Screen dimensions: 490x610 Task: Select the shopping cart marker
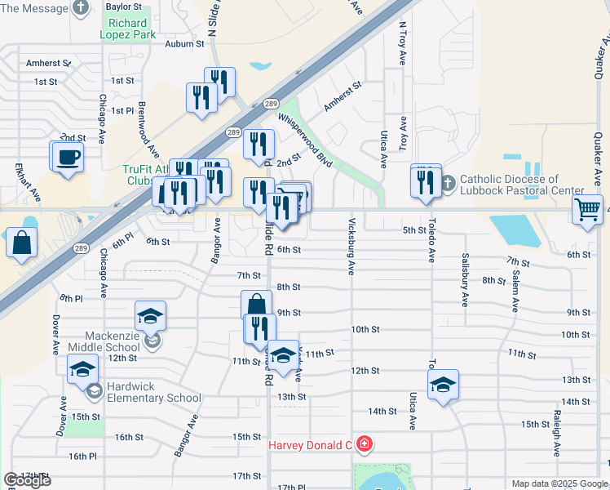tap(587, 210)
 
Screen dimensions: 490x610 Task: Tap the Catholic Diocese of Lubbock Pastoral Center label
tap(509, 185)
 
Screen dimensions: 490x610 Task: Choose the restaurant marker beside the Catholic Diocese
tap(425, 182)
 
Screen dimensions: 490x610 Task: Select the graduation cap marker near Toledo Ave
tap(443, 385)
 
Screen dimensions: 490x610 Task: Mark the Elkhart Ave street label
tap(25, 182)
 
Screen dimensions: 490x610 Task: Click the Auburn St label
tap(183, 44)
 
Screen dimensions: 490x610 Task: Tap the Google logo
tap(27, 480)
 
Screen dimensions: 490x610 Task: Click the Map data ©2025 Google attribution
tap(559, 483)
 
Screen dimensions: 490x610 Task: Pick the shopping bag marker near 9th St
tap(256, 305)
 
